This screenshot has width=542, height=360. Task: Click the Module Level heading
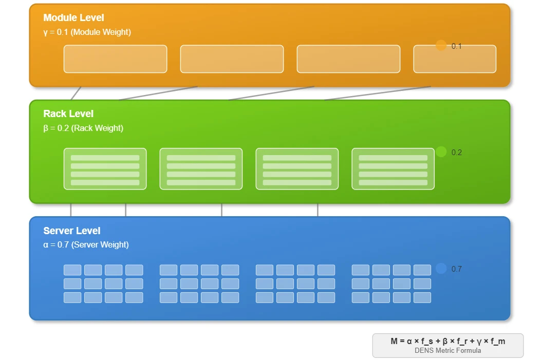73,17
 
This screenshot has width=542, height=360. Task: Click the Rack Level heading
68,113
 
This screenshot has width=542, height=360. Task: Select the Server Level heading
72,231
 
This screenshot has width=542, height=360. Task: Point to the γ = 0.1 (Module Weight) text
87,32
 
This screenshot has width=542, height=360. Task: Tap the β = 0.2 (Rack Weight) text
83,128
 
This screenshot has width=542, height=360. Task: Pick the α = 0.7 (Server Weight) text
86,244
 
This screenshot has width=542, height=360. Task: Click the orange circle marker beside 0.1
441,45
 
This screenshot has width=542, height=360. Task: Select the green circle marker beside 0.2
441,151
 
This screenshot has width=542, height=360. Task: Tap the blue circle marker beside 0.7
441,269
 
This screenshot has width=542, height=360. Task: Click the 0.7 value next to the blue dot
457,269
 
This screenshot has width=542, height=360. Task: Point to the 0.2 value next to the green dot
457,153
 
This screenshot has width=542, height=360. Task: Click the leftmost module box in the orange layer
116,59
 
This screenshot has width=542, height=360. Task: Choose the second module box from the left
232,59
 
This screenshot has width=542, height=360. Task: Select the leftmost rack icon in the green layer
105,169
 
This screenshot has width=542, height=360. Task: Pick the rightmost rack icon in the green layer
393,169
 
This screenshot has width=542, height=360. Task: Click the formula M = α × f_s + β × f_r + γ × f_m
448,342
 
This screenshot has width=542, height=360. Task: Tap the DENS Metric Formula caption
448,351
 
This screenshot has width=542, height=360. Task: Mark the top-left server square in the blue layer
72,270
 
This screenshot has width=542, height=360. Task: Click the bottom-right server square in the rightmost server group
422,297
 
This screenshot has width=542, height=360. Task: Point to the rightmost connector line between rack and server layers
317,210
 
